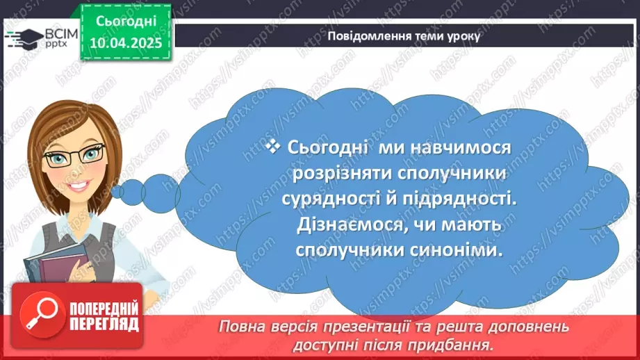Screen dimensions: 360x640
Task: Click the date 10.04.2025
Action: click(125, 42)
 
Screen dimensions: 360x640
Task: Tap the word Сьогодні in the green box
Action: click(125, 22)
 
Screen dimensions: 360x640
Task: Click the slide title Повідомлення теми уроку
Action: click(403, 36)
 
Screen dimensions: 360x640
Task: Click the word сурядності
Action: click(334, 198)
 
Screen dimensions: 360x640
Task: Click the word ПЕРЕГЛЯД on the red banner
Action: click(104, 324)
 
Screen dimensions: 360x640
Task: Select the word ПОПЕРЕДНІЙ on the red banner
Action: click(104, 309)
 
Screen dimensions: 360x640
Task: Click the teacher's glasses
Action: click(74, 155)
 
